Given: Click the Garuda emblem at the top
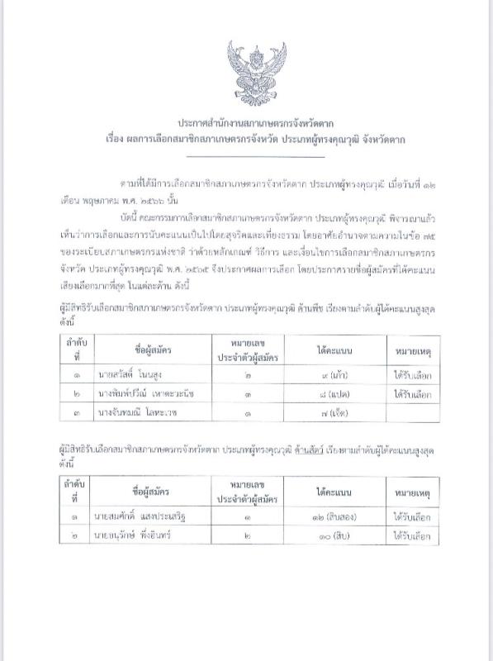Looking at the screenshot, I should (x=256, y=67).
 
